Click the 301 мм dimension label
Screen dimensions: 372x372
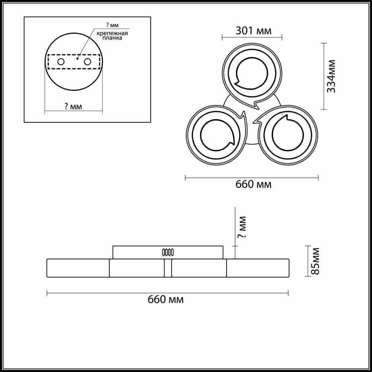click(x=253, y=31)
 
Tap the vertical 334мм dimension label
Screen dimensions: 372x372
click(x=331, y=76)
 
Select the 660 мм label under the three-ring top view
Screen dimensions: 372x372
click(x=253, y=185)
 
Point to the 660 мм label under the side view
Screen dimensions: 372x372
click(x=166, y=299)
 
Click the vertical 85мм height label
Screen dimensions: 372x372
click(x=315, y=261)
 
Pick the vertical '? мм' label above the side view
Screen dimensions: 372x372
click(x=242, y=227)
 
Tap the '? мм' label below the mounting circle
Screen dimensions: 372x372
click(x=73, y=106)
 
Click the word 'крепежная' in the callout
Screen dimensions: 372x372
click(x=112, y=33)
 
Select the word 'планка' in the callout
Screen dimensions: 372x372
click(x=112, y=38)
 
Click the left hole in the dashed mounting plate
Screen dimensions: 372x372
click(x=61, y=62)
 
